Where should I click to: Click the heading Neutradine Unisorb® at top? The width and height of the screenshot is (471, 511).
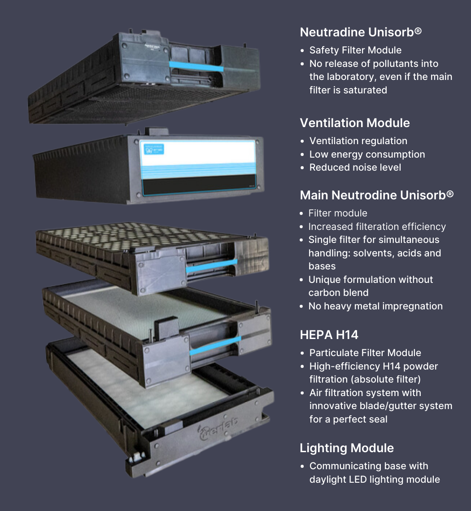coord(361,32)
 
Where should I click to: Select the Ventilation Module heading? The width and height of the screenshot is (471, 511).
coord(354,123)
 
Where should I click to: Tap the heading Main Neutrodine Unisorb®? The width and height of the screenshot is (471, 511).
coord(376,195)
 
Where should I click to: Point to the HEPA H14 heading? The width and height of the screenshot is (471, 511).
coord(329,335)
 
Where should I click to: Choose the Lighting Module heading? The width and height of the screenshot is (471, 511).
coord(347,448)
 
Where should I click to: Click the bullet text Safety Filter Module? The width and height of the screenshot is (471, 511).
coord(355,50)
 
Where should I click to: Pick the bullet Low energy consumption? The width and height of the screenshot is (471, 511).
coord(367,154)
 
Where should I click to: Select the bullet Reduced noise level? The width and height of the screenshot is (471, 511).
coord(355,167)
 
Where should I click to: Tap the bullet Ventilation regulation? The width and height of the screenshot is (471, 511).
coord(358,141)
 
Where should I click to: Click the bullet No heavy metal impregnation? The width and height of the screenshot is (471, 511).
coord(375,306)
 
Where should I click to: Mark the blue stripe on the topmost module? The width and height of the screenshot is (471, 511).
coord(196,66)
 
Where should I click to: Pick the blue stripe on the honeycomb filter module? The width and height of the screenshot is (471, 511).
coord(211,265)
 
